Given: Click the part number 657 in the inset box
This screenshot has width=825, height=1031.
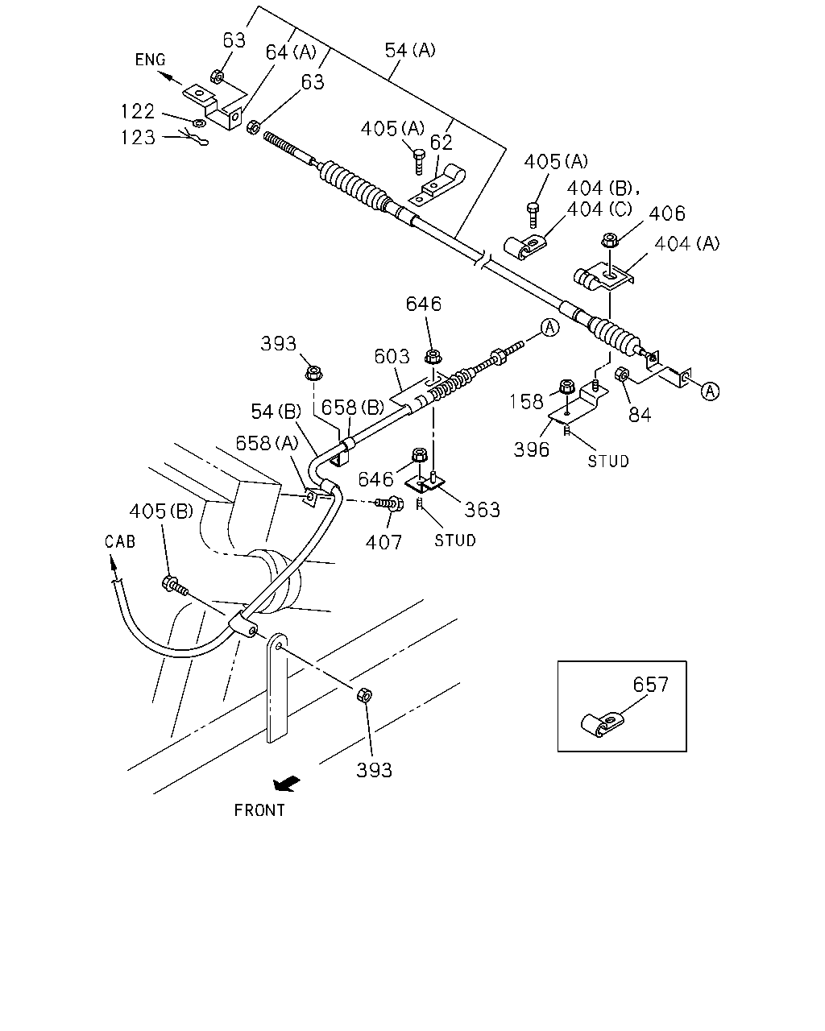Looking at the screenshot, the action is pyautogui.click(x=650, y=685).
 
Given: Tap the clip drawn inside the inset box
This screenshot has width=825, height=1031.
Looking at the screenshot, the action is pyautogui.click(x=601, y=724).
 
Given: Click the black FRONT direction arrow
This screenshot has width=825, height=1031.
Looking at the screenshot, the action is pyautogui.click(x=286, y=785).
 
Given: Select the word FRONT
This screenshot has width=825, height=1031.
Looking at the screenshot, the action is pyautogui.click(x=259, y=810).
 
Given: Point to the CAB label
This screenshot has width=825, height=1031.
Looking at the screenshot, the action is pyautogui.click(x=120, y=542).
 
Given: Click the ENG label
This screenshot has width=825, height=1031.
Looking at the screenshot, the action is pyautogui.click(x=150, y=60).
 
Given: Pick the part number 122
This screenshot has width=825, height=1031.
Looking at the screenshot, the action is pyautogui.click(x=138, y=112).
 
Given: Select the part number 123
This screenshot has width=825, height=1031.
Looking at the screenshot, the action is pyautogui.click(x=138, y=138).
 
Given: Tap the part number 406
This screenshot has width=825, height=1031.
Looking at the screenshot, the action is pyautogui.click(x=667, y=213).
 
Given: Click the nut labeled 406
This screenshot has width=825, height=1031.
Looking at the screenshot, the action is pyautogui.click(x=610, y=239).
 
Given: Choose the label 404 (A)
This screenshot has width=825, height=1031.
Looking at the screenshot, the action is pyautogui.click(x=686, y=244).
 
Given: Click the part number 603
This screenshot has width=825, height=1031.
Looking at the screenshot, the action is pyautogui.click(x=392, y=357).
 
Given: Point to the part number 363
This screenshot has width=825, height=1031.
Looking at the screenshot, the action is pyautogui.click(x=483, y=510).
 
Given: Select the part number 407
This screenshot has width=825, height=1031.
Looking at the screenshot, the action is pyautogui.click(x=383, y=543).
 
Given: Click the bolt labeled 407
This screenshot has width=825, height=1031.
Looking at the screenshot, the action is pyautogui.click(x=389, y=503).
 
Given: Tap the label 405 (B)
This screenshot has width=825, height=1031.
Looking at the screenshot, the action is pyautogui.click(x=161, y=511).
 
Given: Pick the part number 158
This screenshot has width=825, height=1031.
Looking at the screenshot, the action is pyautogui.click(x=526, y=401).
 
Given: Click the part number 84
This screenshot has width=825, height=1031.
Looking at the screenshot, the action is pyautogui.click(x=640, y=415).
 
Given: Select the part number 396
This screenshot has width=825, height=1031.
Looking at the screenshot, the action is pyautogui.click(x=531, y=449).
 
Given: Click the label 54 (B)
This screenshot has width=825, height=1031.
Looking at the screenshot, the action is pyautogui.click(x=276, y=412).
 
